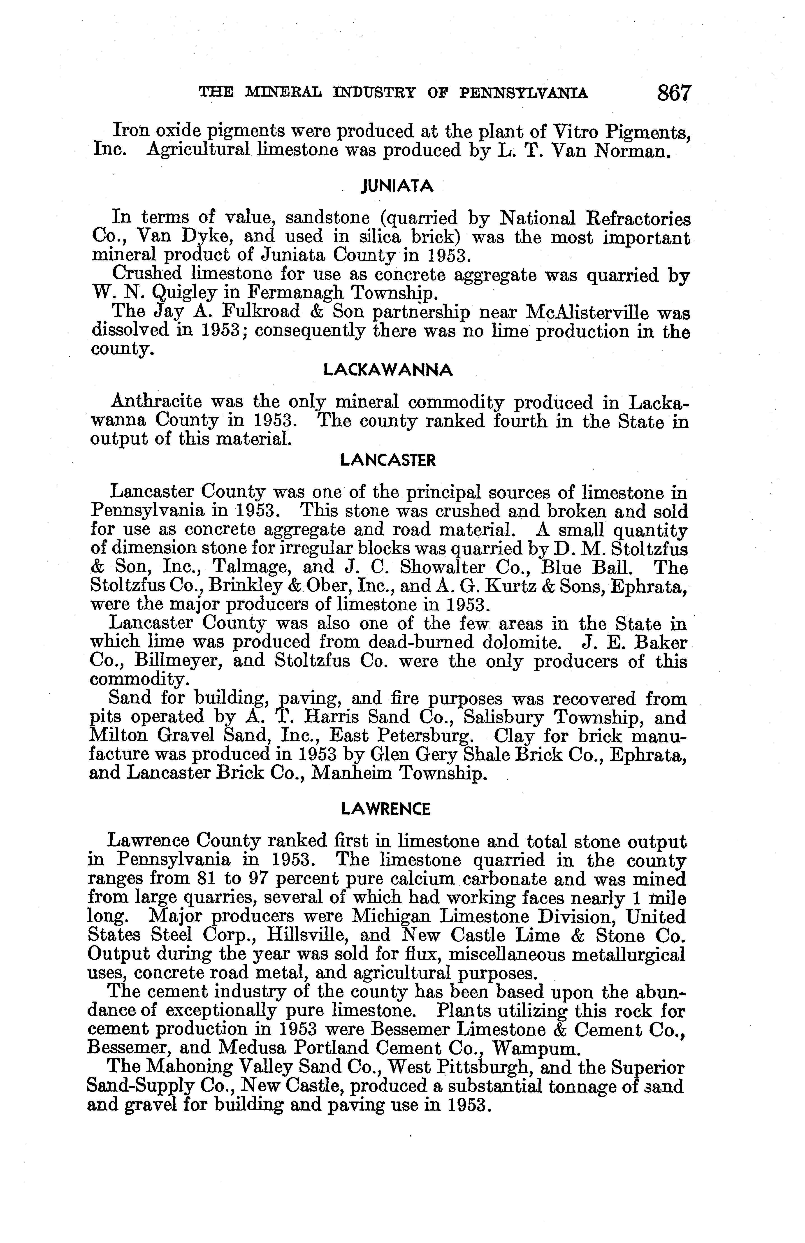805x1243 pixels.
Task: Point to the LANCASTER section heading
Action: click(388, 460)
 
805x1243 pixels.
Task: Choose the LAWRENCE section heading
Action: click(385, 809)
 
